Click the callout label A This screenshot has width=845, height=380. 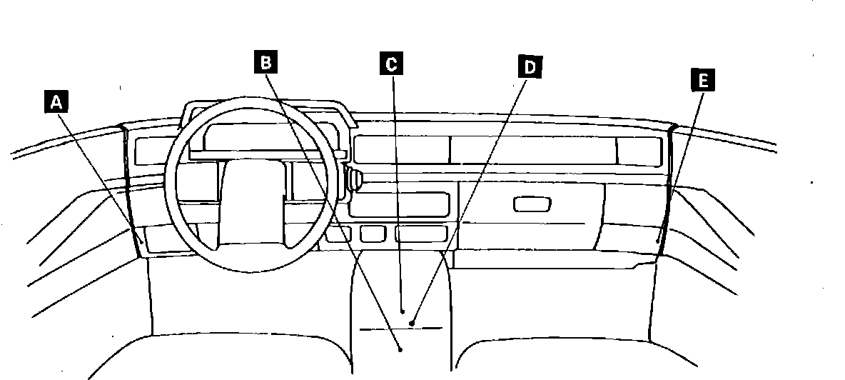56,103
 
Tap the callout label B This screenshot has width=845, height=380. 265,63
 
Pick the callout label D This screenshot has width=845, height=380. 530,67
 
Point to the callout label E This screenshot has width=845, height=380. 702,80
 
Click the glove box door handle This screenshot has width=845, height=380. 532,204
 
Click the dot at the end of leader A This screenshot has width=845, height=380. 142,241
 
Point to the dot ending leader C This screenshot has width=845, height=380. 403,311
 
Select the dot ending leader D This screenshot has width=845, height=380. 412,324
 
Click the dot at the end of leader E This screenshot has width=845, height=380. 658,241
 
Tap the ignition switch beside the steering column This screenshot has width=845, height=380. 354,178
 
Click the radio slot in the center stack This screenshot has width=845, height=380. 399,204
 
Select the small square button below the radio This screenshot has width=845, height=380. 373,234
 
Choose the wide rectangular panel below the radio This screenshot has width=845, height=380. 421,234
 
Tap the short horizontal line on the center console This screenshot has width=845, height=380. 400,329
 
